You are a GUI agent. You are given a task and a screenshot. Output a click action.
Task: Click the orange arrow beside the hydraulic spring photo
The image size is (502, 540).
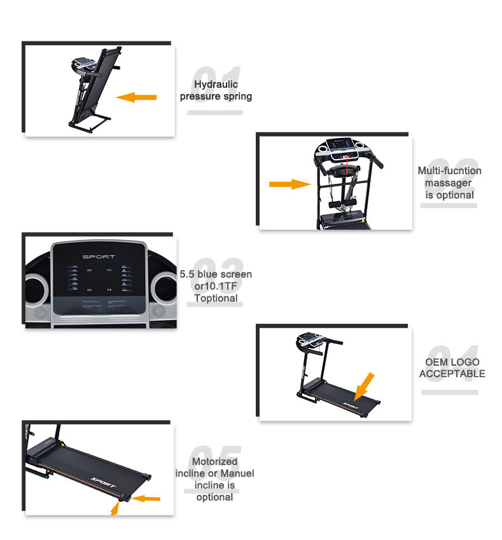click(x=136, y=97)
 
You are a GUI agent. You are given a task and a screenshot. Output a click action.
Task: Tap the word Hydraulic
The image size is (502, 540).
click(x=216, y=84)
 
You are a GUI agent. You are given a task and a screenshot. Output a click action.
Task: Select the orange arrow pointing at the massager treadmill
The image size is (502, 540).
click(x=289, y=184)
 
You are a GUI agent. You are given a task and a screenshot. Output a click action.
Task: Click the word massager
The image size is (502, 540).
click(x=449, y=183)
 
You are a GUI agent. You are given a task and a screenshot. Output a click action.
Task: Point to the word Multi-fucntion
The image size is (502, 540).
click(x=449, y=170)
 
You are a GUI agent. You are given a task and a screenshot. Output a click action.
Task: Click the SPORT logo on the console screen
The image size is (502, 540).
click(x=99, y=256)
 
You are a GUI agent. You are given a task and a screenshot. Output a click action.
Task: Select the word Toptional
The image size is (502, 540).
click(x=216, y=298)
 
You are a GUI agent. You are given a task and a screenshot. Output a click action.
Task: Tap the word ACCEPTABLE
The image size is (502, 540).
click(x=452, y=373)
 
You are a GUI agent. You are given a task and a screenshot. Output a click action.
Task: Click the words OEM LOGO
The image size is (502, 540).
click(x=452, y=362)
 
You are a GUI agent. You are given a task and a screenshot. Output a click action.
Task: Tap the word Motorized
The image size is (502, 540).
click(x=214, y=461)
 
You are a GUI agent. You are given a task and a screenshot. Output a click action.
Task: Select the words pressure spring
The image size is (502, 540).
click(x=216, y=97)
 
